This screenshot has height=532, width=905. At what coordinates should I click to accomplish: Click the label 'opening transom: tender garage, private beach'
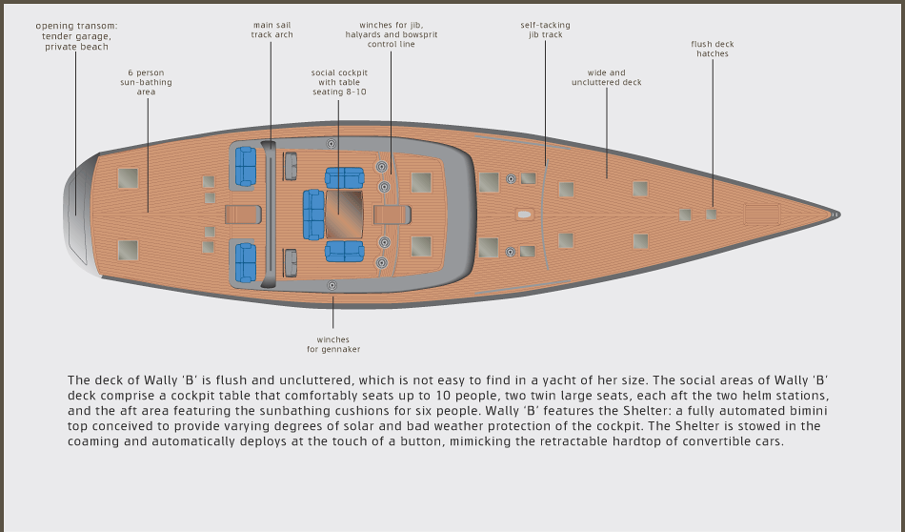77,36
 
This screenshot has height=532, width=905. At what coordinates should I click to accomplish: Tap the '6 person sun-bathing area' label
146,82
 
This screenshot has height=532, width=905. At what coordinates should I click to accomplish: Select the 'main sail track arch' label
271,31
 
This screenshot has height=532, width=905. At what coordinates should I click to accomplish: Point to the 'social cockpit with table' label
339,77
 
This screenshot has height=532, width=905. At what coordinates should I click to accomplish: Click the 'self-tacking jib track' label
546,31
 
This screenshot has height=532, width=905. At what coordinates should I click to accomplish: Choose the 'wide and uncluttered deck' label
607,77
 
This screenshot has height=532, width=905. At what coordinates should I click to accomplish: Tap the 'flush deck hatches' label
713,49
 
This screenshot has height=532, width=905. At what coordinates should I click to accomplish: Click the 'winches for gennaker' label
333,344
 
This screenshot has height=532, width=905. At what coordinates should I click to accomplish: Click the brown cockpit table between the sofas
345,215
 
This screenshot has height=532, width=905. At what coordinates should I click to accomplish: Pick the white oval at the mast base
524,215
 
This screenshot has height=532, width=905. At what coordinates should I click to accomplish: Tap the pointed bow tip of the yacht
838,215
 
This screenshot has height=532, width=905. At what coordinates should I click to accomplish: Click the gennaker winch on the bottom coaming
332,285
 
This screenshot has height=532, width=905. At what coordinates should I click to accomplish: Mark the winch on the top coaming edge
331,143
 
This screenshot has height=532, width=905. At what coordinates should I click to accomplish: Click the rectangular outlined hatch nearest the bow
762,215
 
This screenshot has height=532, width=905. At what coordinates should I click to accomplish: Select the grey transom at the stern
78,215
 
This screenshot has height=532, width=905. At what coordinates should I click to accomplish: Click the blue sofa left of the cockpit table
313,215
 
